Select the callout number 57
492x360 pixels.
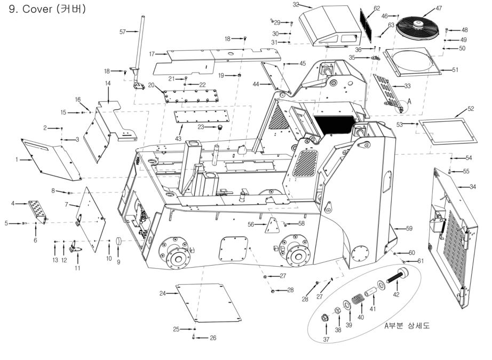pyautogui.click(x=122, y=32)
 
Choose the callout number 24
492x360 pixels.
pyautogui.click(x=162, y=293)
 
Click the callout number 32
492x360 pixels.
pyautogui.click(x=311, y=4)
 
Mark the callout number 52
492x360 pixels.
pyautogui.click(x=470, y=108)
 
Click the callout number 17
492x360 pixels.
pyautogui.click(x=152, y=53)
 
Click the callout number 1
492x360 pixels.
pyautogui.click(x=17, y=159)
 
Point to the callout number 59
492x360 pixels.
pyautogui.click(x=409, y=228)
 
